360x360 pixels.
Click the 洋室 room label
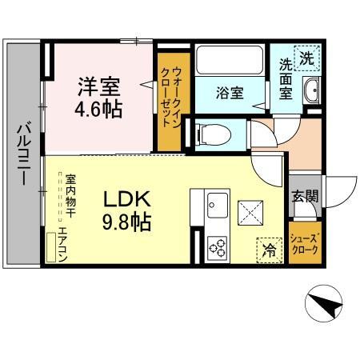tap(99, 86)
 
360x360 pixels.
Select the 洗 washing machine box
tap(307, 58)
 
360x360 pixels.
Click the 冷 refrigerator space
tap(270, 250)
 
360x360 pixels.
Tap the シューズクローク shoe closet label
tap(304, 244)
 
